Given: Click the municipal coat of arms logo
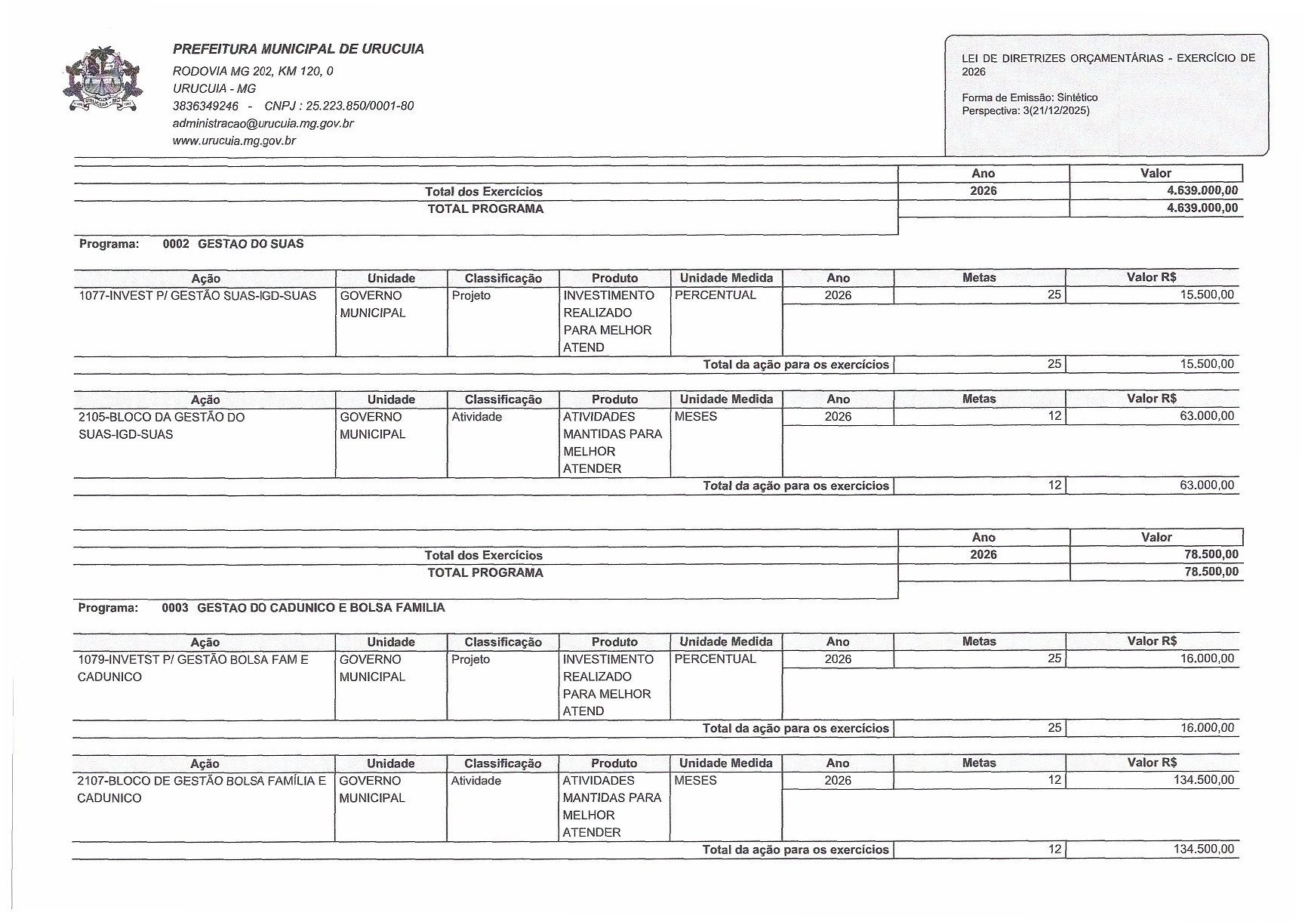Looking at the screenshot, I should coord(102,80).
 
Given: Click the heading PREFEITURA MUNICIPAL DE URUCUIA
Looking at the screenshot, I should coord(298,50).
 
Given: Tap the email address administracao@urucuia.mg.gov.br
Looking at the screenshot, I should coord(263,123).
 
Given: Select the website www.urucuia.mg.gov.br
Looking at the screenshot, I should coord(234,140).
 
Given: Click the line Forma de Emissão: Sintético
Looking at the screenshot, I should coord(1030,97).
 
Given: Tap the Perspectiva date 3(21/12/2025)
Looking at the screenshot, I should coord(1056,111).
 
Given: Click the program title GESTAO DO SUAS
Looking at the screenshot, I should coord(251,244).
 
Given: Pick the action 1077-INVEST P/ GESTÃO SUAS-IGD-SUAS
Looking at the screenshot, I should coord(198,295).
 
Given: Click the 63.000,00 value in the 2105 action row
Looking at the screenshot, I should coord(1207,416).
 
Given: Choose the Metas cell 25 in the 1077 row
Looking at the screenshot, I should coord(1054,295).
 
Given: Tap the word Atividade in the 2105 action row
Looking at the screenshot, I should coord(477,417).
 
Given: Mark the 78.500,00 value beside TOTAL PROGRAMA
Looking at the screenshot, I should coord(1211,572).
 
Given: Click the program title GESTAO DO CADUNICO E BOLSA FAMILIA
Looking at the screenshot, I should coord(321,608).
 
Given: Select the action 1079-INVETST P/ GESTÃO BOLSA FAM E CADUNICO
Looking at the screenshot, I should coord(192,668).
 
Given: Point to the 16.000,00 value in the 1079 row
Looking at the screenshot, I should coord(1207,659).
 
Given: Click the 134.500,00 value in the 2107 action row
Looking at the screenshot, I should coord(1204,780).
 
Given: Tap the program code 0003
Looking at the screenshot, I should coord(175,608).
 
